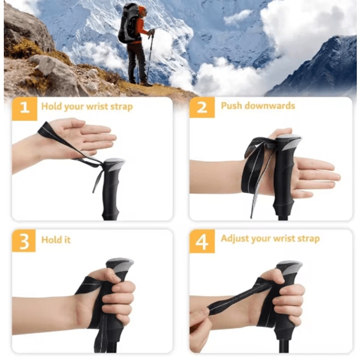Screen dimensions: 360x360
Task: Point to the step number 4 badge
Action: point(202,240)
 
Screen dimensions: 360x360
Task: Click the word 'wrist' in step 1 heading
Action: point(98,107)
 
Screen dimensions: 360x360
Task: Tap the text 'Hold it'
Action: point(56,239)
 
